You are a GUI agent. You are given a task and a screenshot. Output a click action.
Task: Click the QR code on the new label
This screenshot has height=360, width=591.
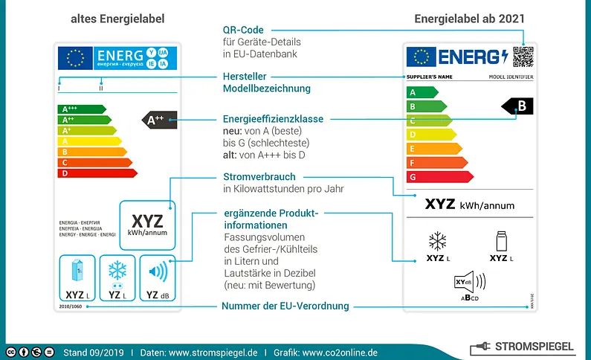point(523,57)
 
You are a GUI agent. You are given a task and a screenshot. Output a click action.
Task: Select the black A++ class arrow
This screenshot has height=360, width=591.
point(159,119)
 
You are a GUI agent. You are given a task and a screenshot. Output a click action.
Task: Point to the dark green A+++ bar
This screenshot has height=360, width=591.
point(81,109)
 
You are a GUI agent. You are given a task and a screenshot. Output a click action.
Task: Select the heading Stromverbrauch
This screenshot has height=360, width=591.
point(259,177)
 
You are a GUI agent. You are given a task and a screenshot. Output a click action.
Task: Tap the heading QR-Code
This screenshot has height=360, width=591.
point(245,30)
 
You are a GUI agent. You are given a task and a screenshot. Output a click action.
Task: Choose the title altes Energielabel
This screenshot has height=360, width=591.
point(117,17)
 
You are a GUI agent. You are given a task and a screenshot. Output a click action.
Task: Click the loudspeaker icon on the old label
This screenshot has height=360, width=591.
point(157,271)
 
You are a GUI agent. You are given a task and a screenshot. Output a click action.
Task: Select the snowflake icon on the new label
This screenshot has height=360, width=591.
point(436,242)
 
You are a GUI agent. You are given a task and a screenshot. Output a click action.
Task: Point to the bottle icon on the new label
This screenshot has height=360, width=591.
point(500,241)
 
